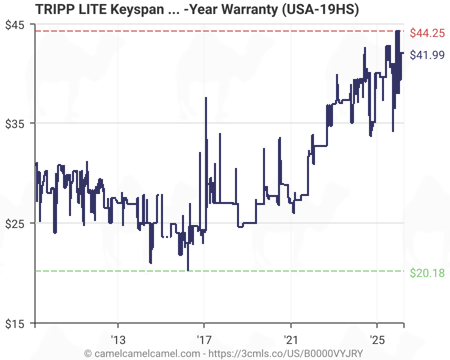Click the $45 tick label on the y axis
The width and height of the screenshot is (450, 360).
pyautogui.click(x=16, y=24)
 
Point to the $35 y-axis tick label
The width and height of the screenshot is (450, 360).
pyautogui.click(x=16, y=123)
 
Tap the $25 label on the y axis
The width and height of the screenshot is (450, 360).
pyautogui.click(x=16, y=223)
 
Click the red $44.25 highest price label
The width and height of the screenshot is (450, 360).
pyautogui.click(x=427, y=33)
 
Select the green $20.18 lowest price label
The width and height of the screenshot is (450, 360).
pyautogui.click(x=427, y=273)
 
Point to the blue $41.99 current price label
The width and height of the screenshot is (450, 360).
pyautogui.click(x=427, y=55)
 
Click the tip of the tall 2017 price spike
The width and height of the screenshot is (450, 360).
pyautogui.click(x=205, y=97)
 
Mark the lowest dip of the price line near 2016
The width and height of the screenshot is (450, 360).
pyautogui.click(x=188, y=270)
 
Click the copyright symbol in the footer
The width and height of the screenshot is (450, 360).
pyautogui.click(x=88, y=353)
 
